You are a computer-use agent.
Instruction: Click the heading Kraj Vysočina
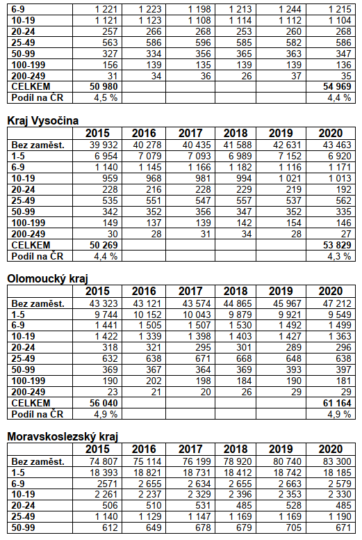click(x=43, y=120)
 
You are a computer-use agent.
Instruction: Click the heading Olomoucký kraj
click(x=48, y=278)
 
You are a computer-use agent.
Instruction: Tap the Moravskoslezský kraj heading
click(x=63, y=437)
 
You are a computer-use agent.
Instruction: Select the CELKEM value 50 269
click(x=104, y=245)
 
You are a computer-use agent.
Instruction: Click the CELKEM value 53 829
click(x=337, y=245)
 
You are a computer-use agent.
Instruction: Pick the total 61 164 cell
click(x=337, y=403)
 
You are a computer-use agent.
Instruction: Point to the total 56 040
click(x=104, y=403)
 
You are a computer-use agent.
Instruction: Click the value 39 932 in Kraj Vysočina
click(x=104, y=145)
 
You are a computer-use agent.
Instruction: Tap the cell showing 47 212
click(x=337, y=303)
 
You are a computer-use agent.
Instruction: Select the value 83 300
click(x=337, y=461)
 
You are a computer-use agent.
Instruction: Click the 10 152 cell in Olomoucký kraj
click(x=147, y=315)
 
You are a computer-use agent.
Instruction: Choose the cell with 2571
click(x=106, y=484)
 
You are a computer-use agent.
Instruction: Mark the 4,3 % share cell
click(x=339, y=256)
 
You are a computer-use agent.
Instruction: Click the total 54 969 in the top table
click(x=337, y=86)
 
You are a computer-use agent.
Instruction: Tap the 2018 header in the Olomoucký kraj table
click(x=236, y=292)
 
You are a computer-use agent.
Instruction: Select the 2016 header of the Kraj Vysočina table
click(x=144, y=134)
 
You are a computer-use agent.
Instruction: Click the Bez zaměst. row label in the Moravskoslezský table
click(x=38, y=461)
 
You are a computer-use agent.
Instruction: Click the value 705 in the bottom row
click(x=294, y=527)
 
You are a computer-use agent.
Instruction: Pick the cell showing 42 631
click(x=287, y=145)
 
